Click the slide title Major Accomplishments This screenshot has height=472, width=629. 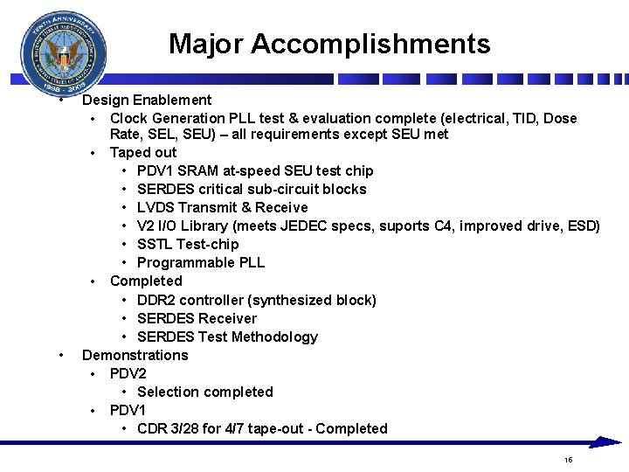point(329,44)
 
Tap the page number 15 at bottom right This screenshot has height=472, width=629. point(568,460)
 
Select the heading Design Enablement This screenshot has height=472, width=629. point(147,100)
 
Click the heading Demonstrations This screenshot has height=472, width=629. point(135,355)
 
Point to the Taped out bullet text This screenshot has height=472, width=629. point(143,152)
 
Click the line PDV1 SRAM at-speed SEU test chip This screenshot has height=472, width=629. point(255,170)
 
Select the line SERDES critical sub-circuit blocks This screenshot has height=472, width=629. point(252,189)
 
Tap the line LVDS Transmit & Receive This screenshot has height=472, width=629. point(222,207)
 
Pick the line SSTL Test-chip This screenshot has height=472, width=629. point(188,244)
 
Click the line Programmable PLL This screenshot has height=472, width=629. point(201,262)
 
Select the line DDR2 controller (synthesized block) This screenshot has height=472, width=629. point(257,300)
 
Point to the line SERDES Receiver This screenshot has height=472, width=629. point(197,318)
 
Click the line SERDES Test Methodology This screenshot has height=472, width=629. point(227,337)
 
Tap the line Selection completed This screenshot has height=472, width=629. point(204,392)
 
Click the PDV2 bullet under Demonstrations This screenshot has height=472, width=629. point(128,373)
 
